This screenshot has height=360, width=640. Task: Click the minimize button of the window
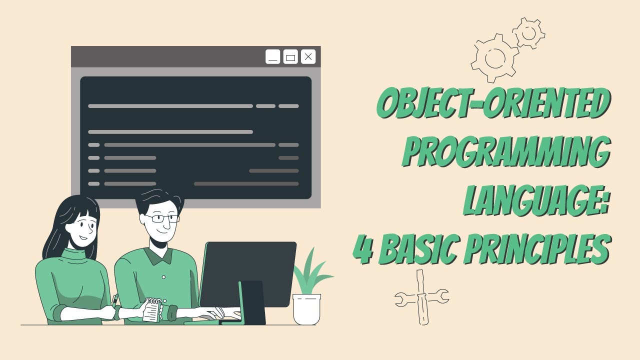[x=272, y=57]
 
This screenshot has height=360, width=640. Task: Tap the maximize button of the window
[x=290, y=57]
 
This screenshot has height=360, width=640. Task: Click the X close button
[x=308, y=57]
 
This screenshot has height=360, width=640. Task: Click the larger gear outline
[x=494, y=58]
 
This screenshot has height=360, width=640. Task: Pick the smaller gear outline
[x=528, y=33]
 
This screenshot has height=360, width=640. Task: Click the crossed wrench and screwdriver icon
[x=422, y=297]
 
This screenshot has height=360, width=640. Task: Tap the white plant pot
[x=306, y=308]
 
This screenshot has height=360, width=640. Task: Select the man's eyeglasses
[x=162, y=218]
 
